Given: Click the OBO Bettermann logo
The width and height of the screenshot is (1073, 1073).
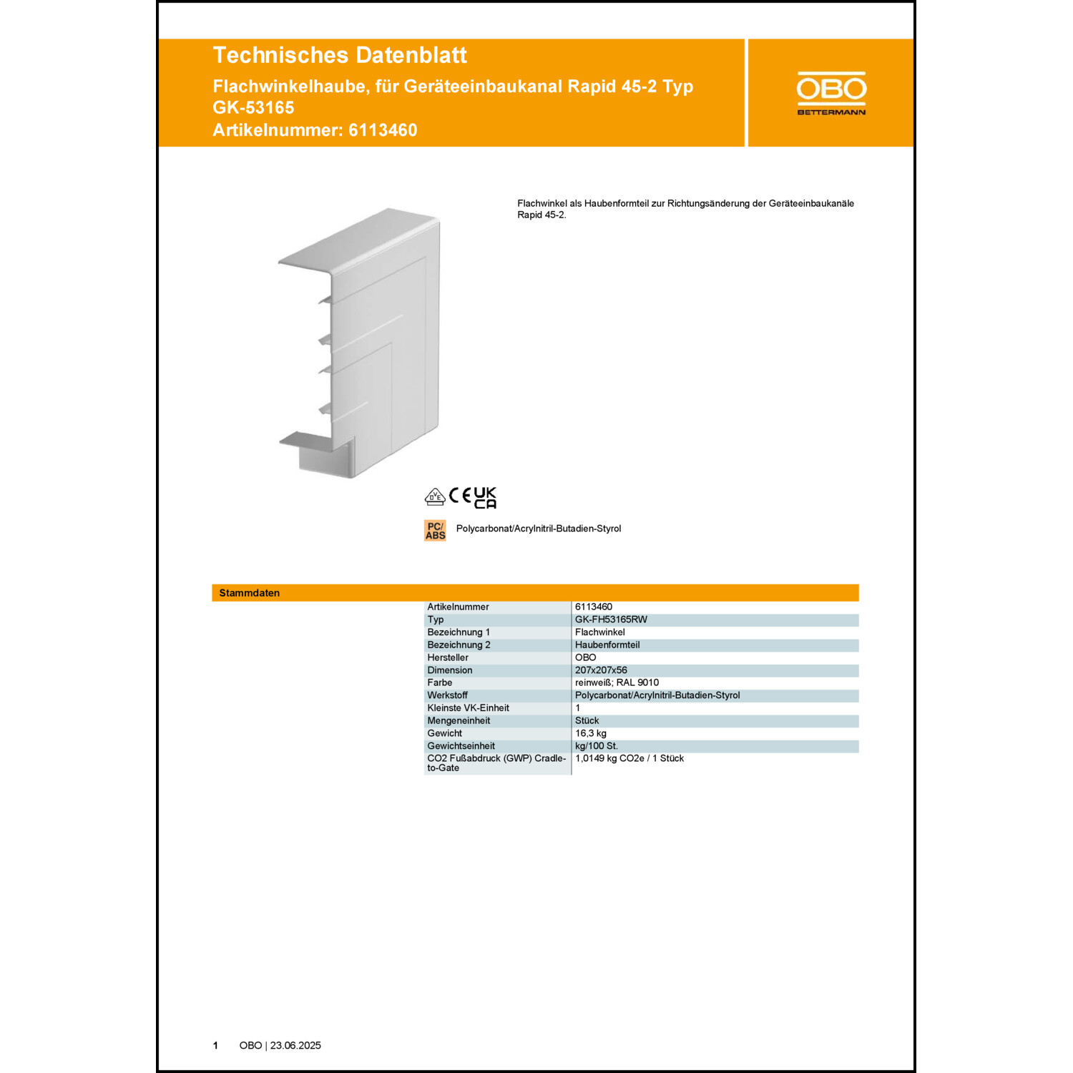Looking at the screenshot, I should [831, 93].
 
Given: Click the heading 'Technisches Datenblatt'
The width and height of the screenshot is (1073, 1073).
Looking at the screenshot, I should [340, 55].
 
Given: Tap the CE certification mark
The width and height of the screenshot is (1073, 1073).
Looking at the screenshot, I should [460, 496].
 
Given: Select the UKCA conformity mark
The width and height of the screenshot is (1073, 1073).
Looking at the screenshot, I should [485, 498].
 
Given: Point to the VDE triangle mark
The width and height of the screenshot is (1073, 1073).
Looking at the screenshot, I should [434, 497].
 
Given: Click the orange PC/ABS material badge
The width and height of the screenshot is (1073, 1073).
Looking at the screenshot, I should [435, 531].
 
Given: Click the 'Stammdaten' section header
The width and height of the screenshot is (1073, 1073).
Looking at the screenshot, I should [250, 593].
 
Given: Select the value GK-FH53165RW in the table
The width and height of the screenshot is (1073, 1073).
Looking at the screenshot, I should [611, 619].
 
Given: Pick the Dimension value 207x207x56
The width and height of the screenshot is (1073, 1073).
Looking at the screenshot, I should [601, 670].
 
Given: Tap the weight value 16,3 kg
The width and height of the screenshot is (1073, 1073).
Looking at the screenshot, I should [591, 733].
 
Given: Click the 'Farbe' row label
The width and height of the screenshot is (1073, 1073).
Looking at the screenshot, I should [440, 682].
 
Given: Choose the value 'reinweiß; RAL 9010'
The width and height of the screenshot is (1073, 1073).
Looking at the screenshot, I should [617, 682].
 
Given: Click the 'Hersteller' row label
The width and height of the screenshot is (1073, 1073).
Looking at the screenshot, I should [448, 657].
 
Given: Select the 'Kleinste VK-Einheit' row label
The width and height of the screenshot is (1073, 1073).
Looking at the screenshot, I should [469, 708].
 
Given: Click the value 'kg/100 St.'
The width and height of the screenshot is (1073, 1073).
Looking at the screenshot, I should [597, 746].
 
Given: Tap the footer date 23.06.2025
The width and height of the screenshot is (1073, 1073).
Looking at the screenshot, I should [295, 1046].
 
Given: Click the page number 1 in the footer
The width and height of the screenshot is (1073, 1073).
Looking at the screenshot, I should [215, 1046].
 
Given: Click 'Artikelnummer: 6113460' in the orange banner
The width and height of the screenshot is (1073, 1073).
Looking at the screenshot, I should [315, 130].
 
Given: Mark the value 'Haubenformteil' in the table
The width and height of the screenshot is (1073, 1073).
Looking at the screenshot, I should [607, 645].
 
